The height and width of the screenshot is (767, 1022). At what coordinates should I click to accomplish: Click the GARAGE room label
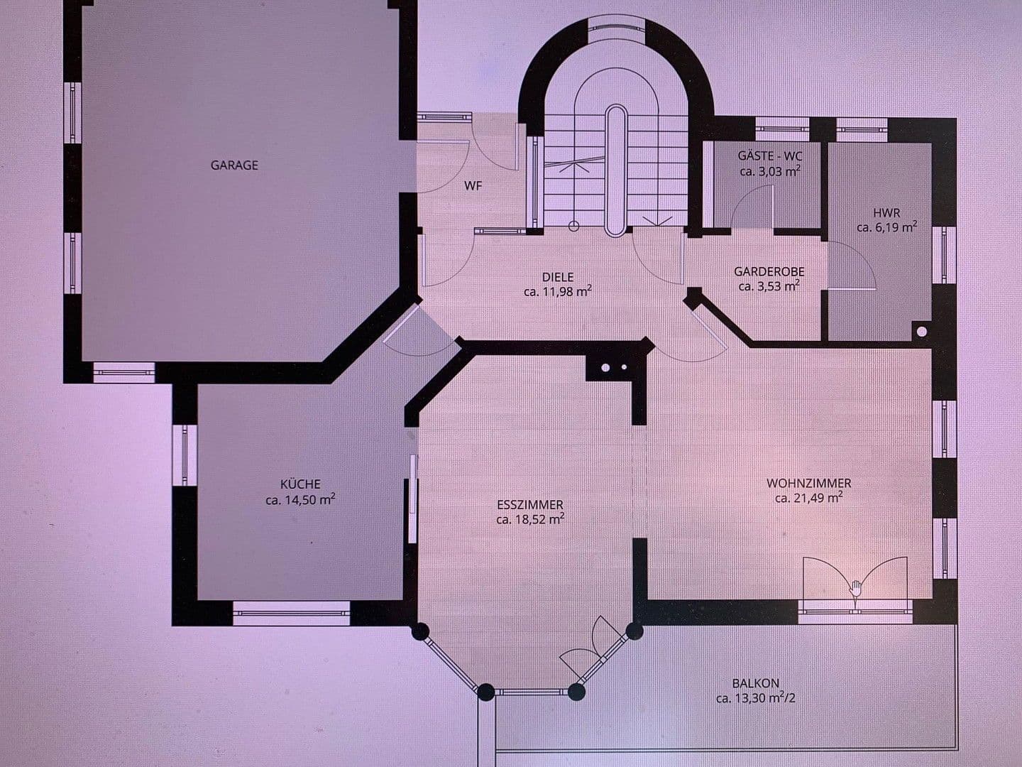click(234, 165)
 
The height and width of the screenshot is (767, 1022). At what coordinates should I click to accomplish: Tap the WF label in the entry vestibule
click(473, 186)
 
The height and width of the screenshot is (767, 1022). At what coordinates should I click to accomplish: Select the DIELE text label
click(557, 277)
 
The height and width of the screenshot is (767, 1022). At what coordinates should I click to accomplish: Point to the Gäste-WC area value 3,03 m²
click(770, 171)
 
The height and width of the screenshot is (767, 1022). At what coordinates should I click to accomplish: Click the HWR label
click(886, 213)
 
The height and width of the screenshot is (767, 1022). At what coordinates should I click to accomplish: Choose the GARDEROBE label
click(769, 271)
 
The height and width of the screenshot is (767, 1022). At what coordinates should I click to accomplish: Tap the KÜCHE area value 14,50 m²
click(300, 500)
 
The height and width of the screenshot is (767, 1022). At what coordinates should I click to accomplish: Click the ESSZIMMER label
click(530, 504)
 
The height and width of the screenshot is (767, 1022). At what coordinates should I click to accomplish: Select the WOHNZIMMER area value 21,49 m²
click(809, 498)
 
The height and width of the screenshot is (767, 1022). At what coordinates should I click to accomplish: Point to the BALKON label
click(755, 683)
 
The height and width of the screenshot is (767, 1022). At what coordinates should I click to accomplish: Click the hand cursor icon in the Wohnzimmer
click(856, 589)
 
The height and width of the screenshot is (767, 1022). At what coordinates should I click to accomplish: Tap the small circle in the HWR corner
click(921, 332)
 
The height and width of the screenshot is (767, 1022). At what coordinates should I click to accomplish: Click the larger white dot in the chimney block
click(605, 367)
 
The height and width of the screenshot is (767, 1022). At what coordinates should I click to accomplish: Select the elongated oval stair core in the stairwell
click(617, 171)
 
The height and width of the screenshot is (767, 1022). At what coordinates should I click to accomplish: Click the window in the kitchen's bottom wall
click(292, 613)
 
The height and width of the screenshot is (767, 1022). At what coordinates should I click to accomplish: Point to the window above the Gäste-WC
click(782, 129)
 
